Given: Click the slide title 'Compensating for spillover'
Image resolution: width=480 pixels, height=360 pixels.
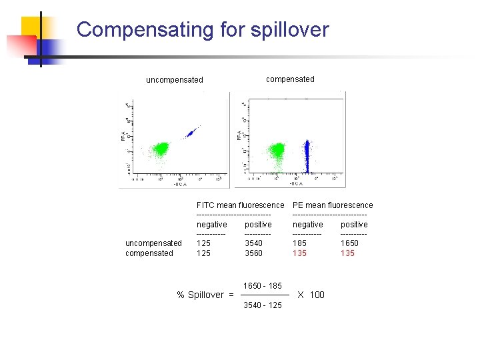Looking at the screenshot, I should [203, 30].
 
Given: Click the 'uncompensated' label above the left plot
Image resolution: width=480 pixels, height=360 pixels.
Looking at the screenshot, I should [175, 80].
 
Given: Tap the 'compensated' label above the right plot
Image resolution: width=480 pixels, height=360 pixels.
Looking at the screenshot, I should [290, 79].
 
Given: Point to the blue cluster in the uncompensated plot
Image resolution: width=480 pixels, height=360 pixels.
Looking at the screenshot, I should [191, 133].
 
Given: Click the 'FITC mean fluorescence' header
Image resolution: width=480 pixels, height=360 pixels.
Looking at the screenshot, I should [240, 205].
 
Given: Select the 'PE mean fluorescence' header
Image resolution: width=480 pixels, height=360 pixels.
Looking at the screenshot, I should [333, 205].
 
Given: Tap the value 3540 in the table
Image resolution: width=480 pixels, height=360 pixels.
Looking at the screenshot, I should [253, 243].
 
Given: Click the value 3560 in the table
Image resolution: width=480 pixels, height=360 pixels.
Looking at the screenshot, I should [253, 253].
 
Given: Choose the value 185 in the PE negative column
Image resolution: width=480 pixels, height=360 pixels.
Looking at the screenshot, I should [300, 243].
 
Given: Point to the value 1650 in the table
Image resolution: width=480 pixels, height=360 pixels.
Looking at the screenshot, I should [349, 243].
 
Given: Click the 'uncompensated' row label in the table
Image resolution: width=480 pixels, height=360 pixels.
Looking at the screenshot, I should [153, 243].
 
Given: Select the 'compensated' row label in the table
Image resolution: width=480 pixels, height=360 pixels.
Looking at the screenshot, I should [149, 253].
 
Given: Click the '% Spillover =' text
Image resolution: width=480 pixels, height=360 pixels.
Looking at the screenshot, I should [205, 295].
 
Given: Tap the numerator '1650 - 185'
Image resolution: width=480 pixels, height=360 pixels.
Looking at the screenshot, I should [263, 286].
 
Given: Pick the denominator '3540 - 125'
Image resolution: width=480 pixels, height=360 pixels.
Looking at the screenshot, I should [263, 305].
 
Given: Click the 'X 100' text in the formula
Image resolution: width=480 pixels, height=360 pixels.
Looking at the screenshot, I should [311, 295].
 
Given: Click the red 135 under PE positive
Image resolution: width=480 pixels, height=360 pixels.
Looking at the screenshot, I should [347, 253].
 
